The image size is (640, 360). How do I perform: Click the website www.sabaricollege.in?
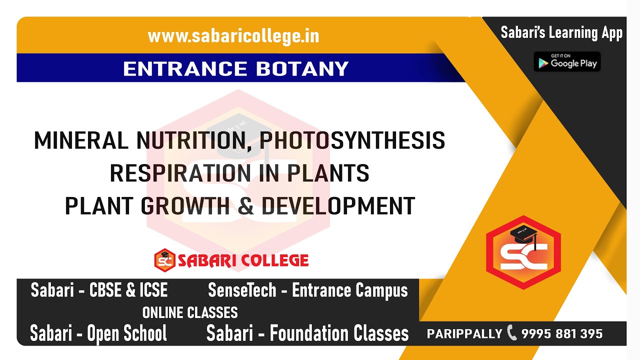233,36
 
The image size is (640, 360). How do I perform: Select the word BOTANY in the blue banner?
302,68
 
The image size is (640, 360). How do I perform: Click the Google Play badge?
567,61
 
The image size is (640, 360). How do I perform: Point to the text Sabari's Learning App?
561,33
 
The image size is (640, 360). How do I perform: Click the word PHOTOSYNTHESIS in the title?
352,141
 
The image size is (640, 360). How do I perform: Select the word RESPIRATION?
180,173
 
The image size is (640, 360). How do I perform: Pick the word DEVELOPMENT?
338,206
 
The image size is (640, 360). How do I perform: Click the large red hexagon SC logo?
523,252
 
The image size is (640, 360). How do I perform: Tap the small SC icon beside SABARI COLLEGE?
164,260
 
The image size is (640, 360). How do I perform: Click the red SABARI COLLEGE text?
243,260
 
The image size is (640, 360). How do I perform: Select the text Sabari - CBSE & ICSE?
99,290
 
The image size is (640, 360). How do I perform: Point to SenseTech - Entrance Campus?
307,290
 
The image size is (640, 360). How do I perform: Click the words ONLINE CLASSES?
190,313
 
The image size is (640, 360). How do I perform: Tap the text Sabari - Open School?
98,333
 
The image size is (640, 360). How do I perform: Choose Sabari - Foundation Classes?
307,333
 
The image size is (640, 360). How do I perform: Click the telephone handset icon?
512,332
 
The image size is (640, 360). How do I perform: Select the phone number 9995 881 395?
562,333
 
